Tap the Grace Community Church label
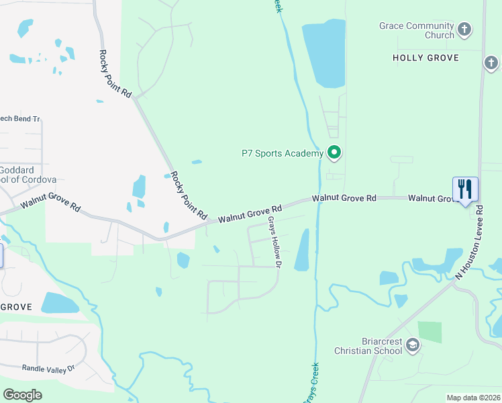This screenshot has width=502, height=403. click(x=417, y=30)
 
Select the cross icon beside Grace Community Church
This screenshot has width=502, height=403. click(x=464, y=30)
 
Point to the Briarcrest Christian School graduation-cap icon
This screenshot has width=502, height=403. click(x=413, y=346)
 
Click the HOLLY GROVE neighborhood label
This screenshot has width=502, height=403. click(x=425, y=58)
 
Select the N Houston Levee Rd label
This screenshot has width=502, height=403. click(x=469, y=242)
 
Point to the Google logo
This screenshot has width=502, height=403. click(x=22, y=395)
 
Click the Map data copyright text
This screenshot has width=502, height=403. click(x=473, y=398)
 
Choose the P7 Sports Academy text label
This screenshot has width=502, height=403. click(x=283, y=153)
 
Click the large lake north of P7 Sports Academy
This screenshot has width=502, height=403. click(x=325, y=54)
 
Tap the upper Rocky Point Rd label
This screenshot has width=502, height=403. click(x=115, y=74)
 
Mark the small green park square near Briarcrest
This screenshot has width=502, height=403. click(x=430, y=332)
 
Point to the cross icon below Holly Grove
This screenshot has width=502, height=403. click(x=491, y=64)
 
